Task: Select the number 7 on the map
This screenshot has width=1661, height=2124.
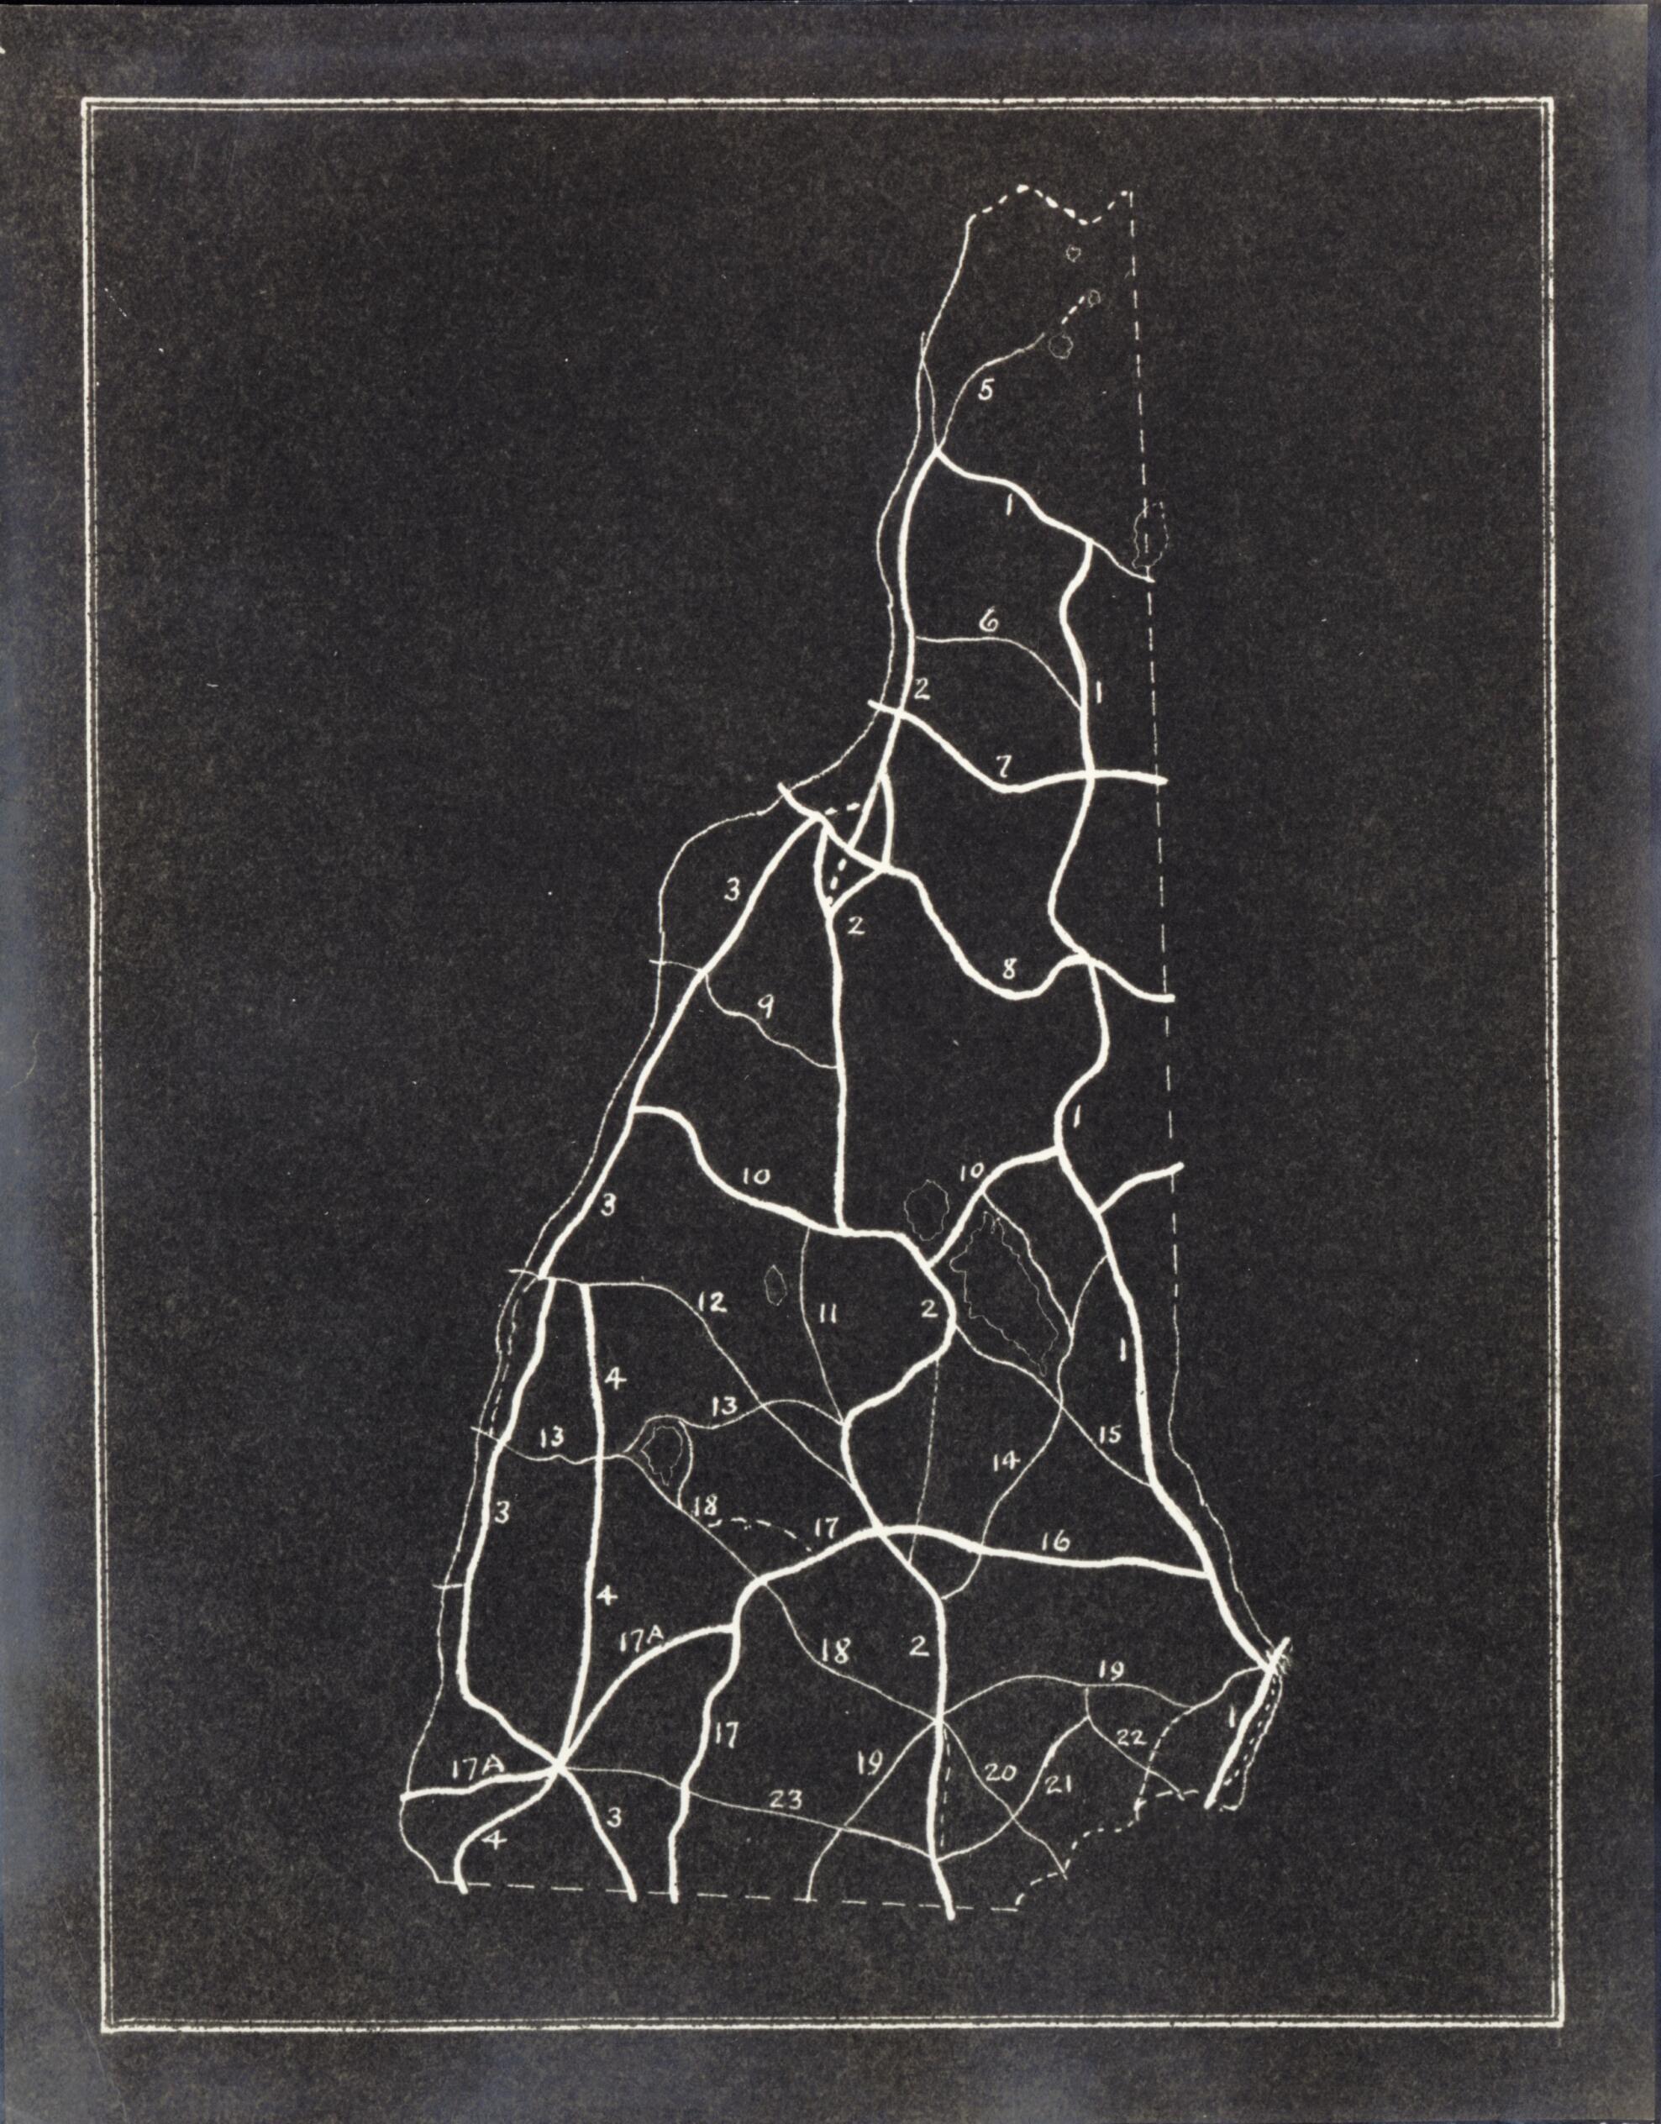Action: coord(1005,766)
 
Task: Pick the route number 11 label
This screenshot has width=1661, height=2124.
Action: coord(828,1315)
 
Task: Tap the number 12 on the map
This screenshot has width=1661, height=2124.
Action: coord(712,1301)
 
